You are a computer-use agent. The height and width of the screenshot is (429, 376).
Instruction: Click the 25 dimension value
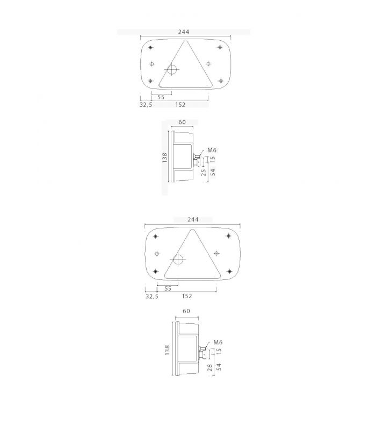204,172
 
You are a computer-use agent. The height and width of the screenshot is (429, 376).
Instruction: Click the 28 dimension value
210,367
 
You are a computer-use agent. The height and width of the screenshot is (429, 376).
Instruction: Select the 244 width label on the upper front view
184,32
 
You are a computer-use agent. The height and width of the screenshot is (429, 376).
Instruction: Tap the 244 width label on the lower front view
193,219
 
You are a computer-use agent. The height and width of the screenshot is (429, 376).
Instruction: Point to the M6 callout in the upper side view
212,150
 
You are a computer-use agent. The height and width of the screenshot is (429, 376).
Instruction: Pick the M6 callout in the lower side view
218,342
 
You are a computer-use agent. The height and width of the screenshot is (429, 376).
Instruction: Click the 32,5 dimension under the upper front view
146,105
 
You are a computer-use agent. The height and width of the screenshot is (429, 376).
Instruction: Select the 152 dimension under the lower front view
187,296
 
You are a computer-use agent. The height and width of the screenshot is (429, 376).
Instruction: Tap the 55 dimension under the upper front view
161,97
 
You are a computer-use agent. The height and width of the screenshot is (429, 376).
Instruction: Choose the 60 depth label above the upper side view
182,122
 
